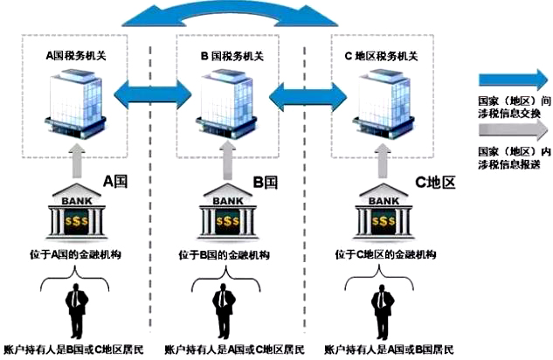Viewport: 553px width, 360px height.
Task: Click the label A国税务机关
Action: [76, 56]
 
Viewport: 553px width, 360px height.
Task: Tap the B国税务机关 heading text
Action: [232, 56]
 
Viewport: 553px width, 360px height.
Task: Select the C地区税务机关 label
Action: [381, 56]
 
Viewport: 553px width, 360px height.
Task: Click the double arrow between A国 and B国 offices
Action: [153, 94]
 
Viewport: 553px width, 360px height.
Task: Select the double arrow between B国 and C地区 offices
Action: [308, 96]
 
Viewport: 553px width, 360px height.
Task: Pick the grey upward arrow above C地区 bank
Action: [383, 161]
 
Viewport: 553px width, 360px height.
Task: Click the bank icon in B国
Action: [227, 211]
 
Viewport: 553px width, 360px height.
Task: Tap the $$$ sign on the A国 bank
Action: [77, 221]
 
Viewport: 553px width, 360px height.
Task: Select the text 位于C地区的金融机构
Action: [385, 254]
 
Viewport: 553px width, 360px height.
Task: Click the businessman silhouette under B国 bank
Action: [224, 311]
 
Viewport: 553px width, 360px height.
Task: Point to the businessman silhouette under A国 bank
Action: [76, 311]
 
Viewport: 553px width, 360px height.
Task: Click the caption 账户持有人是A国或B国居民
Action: [389, 350]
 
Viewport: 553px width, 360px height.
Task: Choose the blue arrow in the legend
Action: [514, 80]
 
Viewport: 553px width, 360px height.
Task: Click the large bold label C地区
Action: [435, 182]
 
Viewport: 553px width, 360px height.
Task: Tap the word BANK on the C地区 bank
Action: [384, 201]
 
